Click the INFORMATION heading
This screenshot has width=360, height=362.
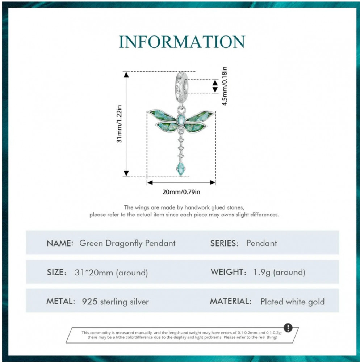point(182,42)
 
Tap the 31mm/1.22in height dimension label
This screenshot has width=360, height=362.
point(119,124)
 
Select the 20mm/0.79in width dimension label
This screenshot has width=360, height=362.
point(181,192)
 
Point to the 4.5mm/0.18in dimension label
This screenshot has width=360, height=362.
point(225,86)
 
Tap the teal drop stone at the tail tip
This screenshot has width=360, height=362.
point(181,169)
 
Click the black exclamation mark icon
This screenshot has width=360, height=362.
point(288,328)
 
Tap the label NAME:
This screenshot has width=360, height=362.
point(60,243)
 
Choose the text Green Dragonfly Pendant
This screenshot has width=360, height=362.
point(127,244)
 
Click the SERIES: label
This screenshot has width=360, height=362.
point(224,243)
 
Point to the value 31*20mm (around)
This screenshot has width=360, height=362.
point(111,273)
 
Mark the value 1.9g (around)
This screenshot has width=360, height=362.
point(279,273)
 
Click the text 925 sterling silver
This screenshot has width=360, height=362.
point(116,302)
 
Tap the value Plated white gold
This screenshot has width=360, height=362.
point(293,302)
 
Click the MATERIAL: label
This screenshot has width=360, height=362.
point(230,301)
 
